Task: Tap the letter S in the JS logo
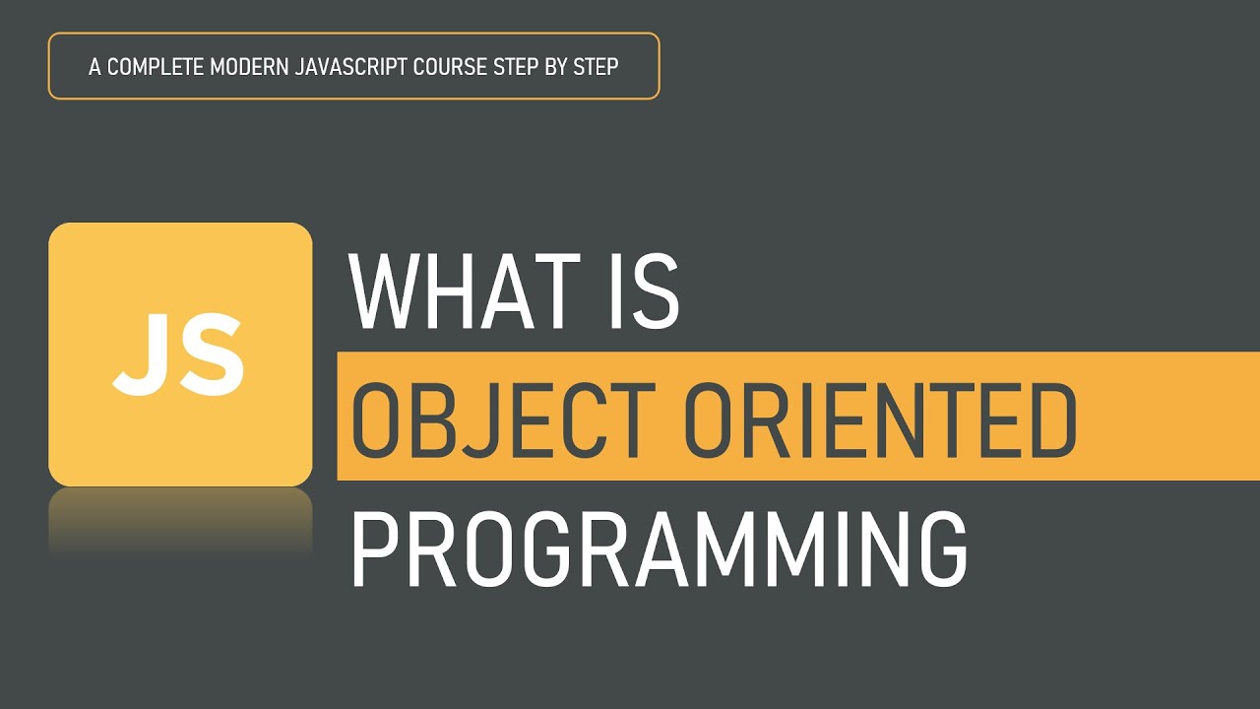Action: click(212, 354)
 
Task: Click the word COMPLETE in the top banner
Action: click(157, 67)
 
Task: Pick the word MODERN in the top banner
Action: click(247, 67)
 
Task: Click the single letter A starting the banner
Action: click(94, 67)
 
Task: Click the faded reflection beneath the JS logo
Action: click(180, 522)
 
